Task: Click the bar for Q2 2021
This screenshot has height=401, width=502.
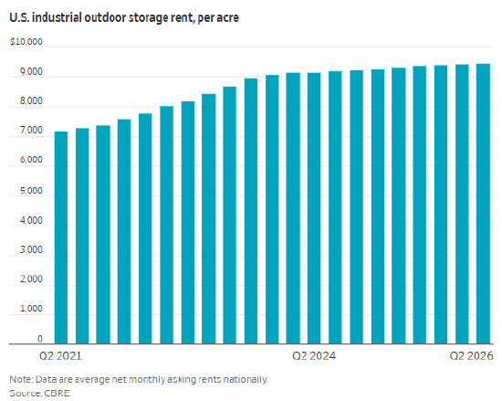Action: (x=61, y=237)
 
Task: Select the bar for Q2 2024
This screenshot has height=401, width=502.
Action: (x=314, y=208)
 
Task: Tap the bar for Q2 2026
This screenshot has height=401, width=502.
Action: (x=483, y=204)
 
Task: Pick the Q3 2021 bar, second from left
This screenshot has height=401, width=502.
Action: (x=82, y=236)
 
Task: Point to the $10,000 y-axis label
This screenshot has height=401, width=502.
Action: (x=26, y=42)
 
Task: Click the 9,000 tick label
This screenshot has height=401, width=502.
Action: (x=31, y=72)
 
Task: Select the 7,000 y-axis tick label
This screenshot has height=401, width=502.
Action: (x=31, y=131)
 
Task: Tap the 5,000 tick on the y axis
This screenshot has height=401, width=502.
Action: (x=31, y=191)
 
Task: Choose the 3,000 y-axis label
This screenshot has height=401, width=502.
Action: (x=31, y=249)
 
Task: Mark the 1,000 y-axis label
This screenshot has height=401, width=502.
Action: (x=31, y=309)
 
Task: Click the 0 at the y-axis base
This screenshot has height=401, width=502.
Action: (x=39, y=339)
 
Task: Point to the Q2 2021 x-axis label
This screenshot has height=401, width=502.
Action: (x=60, y=356)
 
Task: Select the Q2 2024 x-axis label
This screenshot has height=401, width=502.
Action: (x=314, y=356)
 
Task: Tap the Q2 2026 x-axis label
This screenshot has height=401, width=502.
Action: (x=471, y=356)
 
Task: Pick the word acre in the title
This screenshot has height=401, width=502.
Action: (x=228, y=18)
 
